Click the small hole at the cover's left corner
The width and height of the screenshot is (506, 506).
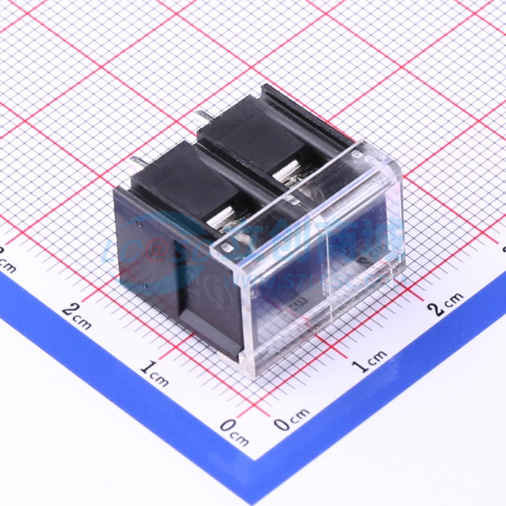pyautogui.click(x=226, y=248)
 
